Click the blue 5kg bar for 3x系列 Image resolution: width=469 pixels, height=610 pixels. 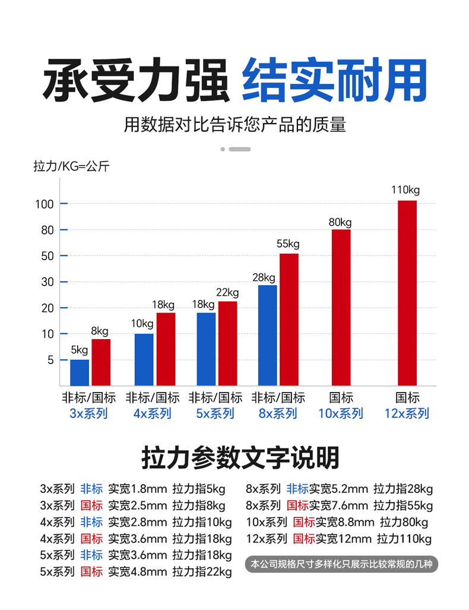(80, 372)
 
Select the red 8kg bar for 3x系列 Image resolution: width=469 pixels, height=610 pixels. (101, 362)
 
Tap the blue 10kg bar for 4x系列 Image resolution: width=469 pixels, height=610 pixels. (144, 359)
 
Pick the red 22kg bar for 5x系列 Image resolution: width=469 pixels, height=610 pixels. (227, 343)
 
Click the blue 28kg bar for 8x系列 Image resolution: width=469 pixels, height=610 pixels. (267, 335)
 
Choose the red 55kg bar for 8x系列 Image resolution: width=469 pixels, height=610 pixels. (289, 320)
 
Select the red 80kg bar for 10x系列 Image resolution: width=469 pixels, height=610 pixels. (341, 307)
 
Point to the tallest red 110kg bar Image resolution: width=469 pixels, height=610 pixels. (407, 293)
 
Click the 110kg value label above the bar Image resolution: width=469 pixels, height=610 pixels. (405, 190)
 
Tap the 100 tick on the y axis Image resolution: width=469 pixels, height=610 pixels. (47, 204)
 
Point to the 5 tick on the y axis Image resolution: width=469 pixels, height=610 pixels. (50, 360)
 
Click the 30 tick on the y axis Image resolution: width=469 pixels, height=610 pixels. (47, 282)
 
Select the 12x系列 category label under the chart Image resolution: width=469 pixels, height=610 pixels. (407, 413)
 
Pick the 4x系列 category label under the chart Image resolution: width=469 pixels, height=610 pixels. (152, 413)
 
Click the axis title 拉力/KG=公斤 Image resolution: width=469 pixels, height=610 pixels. (71, 166)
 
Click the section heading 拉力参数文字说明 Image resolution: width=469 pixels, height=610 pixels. (240, 458)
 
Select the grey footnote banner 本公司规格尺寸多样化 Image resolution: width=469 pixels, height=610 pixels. (341, 564)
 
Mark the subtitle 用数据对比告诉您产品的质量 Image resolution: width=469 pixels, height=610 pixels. (235, 125)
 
